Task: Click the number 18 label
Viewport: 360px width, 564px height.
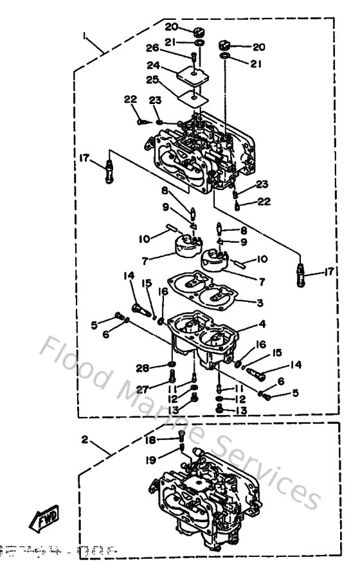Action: tap(150, 440)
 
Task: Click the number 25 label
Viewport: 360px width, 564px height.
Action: tap(152, 80)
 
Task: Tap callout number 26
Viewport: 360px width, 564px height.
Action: tap(152, 48)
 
